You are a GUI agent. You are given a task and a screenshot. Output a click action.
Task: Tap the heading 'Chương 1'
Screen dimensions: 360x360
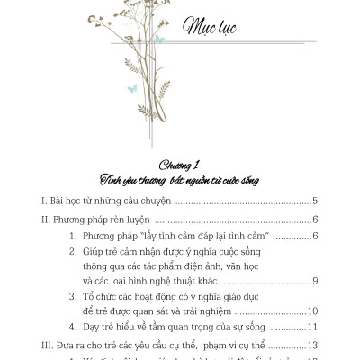click(x=180, y=166)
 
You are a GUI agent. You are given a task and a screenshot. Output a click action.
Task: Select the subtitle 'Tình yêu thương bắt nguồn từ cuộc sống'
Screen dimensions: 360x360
click(x=180, y=180)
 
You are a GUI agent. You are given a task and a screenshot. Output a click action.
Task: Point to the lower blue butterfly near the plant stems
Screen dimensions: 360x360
click(x=131, y=87)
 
